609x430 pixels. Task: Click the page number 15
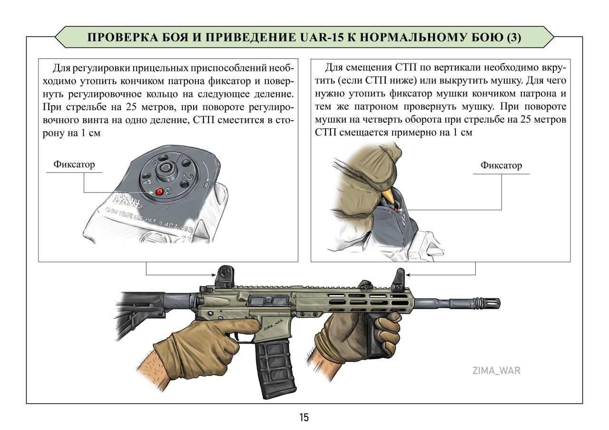pyautogui.click(x=304, y=418)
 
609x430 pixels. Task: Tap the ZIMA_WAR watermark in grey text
pyautogui.click(x=496, y=371)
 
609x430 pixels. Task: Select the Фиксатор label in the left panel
pyautogui.click(x=74, y=164)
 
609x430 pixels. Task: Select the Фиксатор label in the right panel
pyautogui.click(x=501, y=165)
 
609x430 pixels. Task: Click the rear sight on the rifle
pyautogui.click(x=224, y=277)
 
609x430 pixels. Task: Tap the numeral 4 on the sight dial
pyautogui.click(x=147, y=180)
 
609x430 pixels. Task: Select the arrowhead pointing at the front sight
pyautogui.click(x=409, y=275)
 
